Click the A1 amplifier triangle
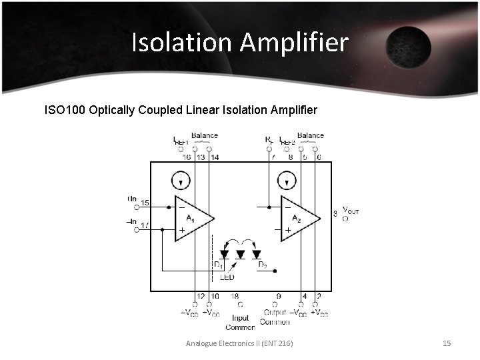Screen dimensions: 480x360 pyautogui.click(x=192, y=218)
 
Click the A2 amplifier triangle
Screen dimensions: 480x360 pyautogui.click(x=299, y=218)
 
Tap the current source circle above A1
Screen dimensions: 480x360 pyautogui.click(x=180, y=180)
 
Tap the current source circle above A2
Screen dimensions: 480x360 pyautogui.click(x=287, y=180)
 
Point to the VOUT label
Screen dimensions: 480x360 pyautogui.click(x=350, y=211)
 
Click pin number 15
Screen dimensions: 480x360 pyautogui.click(x=145, y=203)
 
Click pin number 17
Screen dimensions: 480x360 pyautogui.click(x=145, y=225)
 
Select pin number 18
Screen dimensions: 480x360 pyautogui.click(x=235, y=295)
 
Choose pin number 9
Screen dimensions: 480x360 pyautogui.click(x=278, y=295)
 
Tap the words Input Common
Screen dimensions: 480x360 pyautogui.click(x=240, y=323)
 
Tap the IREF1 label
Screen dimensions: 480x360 pyautogui.click(x=181, y=141)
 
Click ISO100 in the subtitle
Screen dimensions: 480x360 pyautogui.click(x=64, y=109)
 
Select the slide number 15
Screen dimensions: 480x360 pyautogui.click(x=447, y=343)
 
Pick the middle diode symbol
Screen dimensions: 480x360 pyautogui.click(x=241, y=254)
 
